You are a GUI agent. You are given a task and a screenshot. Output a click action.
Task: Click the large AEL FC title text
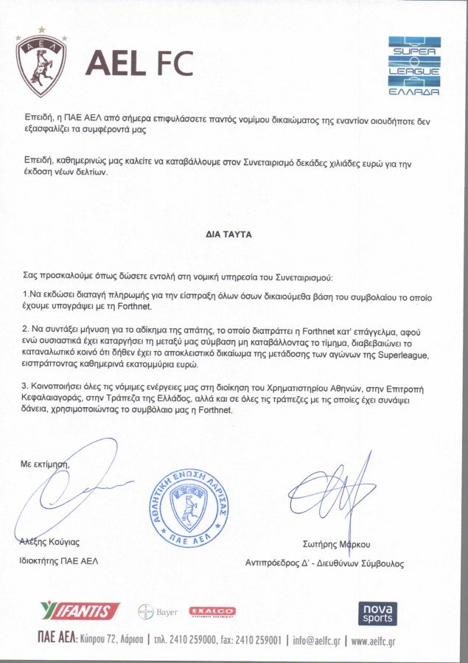point(139,64)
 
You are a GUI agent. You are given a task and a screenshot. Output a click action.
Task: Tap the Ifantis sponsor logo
point(80,611)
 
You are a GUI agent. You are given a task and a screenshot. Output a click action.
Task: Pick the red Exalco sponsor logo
point(212,611)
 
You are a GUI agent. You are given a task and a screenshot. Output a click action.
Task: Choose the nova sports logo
point(377,613)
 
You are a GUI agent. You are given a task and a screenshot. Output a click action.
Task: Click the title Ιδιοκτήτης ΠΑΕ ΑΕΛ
point(57,560)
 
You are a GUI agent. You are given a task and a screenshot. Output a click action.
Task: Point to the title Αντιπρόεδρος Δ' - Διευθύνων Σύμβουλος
point(324,563)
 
